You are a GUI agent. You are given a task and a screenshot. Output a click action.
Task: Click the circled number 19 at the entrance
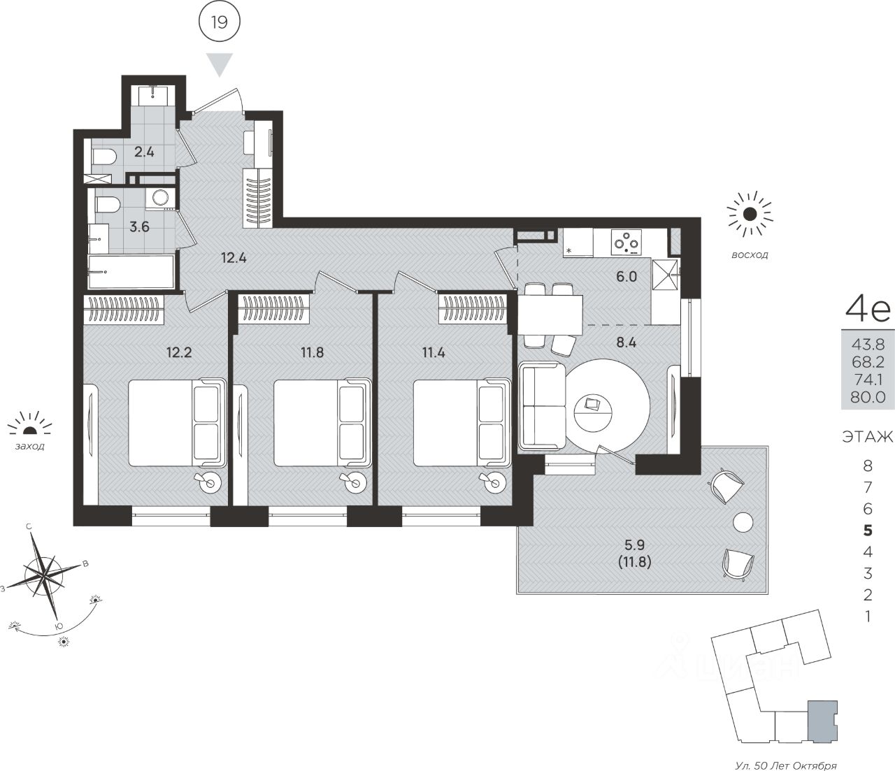click(220, 22)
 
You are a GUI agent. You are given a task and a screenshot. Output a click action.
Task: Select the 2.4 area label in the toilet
click(144, 152)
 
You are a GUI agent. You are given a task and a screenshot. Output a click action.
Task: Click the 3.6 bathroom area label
click(139, 226)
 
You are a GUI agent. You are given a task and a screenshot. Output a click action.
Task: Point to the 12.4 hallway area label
click(234, 258)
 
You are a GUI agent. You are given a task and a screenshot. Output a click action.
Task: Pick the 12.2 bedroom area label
click(179, 352)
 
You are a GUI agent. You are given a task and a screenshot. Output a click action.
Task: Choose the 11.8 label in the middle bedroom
click(312, 352)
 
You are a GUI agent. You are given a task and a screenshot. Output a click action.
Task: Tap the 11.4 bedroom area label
click(434, 352)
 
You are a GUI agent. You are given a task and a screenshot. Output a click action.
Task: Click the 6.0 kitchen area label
click(626, 277)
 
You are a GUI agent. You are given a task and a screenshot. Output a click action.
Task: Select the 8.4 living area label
click(626, 343)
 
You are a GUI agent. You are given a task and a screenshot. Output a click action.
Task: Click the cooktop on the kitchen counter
click(626, 243)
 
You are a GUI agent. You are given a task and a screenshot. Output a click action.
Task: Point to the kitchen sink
click(665, 273)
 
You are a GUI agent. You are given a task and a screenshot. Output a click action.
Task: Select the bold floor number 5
click(867, 531)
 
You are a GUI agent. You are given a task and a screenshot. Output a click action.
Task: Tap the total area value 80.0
click(867, 397)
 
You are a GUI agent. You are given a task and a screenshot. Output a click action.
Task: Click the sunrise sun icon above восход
click(750, 215)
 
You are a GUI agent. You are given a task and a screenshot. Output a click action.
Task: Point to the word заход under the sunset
click(29, 447)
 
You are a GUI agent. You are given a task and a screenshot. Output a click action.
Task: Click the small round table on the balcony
click(743, 522)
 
